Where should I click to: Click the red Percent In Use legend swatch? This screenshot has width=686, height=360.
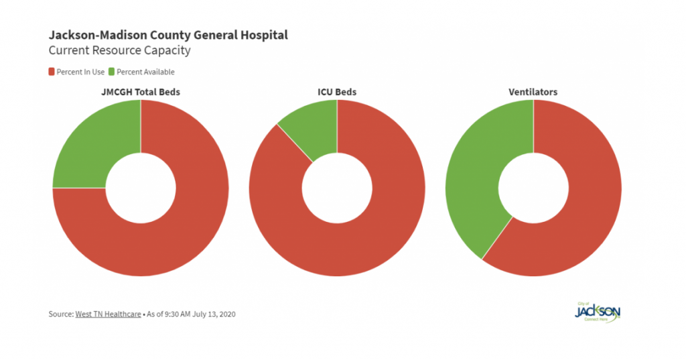52,72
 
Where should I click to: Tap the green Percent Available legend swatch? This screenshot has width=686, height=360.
112,72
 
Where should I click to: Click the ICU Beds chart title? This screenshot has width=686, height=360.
336,92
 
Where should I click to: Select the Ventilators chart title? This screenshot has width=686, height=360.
533,92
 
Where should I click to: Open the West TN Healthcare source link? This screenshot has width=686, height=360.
108,314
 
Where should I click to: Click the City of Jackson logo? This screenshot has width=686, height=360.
598,312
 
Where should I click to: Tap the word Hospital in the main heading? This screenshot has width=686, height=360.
264,35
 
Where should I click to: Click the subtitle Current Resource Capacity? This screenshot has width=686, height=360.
119,50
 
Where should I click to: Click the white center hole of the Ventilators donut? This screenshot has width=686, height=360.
533,188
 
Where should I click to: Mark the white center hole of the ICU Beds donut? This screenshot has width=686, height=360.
337,188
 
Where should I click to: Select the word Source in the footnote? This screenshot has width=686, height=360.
60,314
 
